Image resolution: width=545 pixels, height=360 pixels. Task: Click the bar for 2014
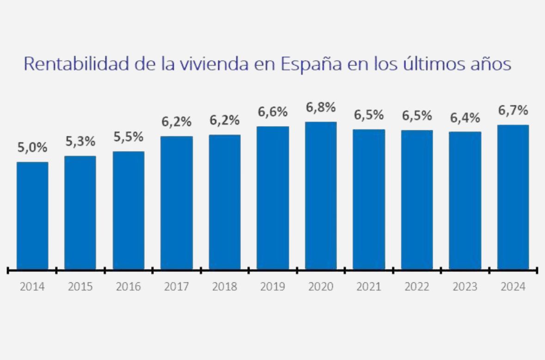point(32,215)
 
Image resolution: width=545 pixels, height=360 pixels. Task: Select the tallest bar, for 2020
point(321,195)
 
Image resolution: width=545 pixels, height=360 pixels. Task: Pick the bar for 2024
point(513,197)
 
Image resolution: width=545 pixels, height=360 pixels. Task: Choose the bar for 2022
point(417,200)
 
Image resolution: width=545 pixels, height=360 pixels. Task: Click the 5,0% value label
point(32,148)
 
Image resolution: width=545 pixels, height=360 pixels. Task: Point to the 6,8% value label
point(321,108)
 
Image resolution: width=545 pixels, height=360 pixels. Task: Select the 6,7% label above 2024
point(513,111)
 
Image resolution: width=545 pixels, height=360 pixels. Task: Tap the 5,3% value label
point(80,142)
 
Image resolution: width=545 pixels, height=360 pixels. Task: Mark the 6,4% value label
point(465,118)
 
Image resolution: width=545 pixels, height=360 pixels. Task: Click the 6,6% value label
point(273,112)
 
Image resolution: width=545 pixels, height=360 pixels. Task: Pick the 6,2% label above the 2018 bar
point(225,121)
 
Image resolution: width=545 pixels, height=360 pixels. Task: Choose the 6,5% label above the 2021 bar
point(369,116)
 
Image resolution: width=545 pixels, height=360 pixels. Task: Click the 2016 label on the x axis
point(129,287)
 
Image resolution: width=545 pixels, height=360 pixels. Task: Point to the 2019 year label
point(273,287)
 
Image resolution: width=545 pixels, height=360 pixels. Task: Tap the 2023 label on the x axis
point(465,287)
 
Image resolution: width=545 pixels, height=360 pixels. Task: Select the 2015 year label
point(80,287)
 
